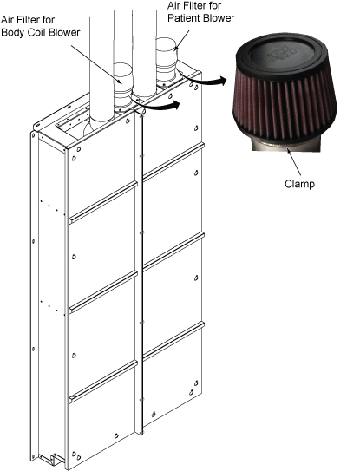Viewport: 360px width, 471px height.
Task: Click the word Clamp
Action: point(299,184)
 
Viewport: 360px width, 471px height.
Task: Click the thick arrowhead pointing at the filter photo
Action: point(221,81)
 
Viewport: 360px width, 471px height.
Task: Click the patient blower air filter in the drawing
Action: point(167,59)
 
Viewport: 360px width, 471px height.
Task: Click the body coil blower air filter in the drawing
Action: point(123,85)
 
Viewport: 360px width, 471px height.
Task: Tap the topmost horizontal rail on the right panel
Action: point(173,162)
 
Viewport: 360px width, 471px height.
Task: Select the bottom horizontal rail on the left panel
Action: point(103,382)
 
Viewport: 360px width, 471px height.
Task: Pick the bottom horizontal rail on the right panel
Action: point(173,341)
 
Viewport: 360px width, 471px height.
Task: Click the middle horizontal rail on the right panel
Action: point(173,252)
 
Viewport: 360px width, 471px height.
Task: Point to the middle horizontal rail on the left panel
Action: point(103,292)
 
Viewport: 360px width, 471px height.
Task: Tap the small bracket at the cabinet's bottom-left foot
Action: point(53,459)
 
